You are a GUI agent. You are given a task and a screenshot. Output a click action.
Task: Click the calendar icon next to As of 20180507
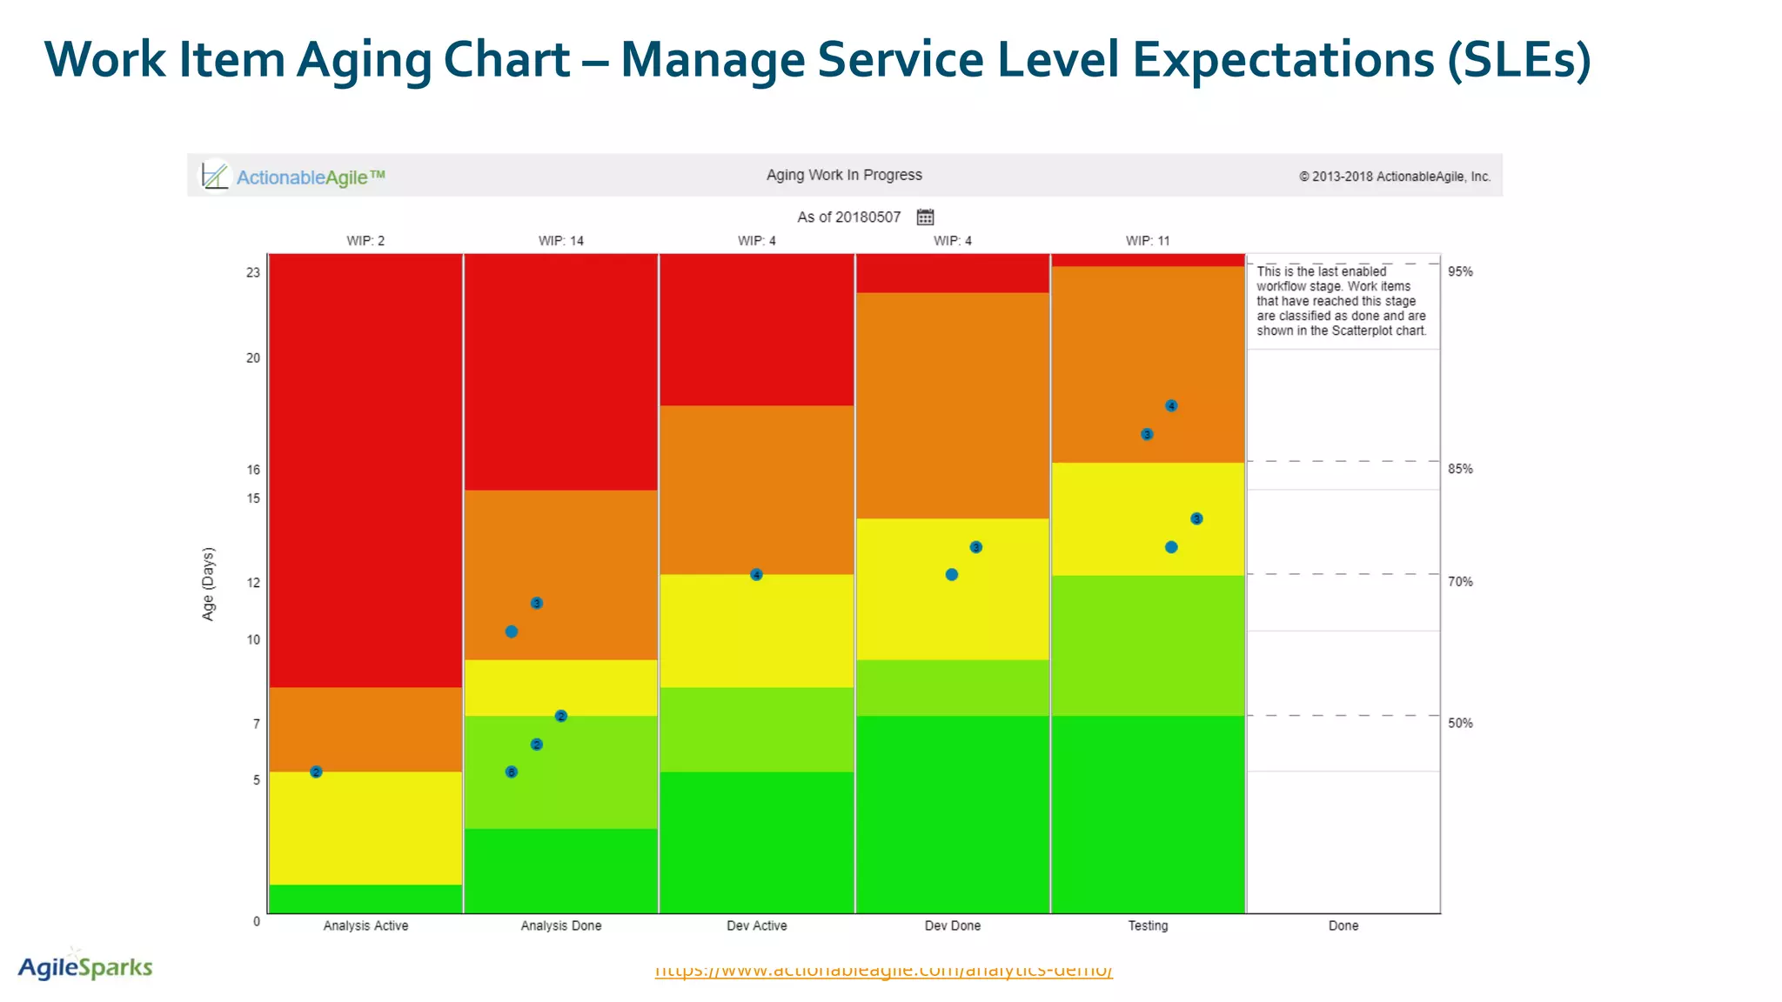[925, 217]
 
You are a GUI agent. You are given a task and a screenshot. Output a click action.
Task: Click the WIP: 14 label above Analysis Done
[560, 241]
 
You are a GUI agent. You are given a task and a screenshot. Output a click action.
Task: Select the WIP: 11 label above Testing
[1147, 241]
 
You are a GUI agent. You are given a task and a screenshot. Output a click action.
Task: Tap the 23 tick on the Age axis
[252, 272]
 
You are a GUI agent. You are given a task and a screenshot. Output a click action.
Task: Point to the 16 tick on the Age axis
[252, 470]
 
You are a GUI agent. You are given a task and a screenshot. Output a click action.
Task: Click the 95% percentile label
[1459, 271]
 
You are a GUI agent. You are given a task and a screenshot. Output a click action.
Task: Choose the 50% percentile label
[1459, 723]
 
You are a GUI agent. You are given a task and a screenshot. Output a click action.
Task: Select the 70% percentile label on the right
[1459, 581]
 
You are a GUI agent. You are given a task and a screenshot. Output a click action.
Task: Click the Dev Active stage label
[756, 925]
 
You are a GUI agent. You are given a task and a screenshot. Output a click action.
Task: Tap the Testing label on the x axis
[1147, 925]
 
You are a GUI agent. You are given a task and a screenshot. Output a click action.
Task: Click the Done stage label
[1343, 925]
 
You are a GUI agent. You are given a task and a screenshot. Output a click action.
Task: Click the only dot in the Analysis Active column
[316, 772]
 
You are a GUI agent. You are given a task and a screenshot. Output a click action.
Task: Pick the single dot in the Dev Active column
[756, 574]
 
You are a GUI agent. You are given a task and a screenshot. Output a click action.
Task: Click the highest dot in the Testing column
[1171, 406]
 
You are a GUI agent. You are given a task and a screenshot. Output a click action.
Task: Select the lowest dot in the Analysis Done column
[512, 772]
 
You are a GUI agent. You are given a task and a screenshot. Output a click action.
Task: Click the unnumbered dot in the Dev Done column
[951, 574]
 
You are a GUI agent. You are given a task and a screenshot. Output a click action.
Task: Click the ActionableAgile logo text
[310, 177]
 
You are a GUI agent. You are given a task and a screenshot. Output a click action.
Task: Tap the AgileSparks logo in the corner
[85, 967]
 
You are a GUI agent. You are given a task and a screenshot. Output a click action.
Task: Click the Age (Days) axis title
[208, 584]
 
